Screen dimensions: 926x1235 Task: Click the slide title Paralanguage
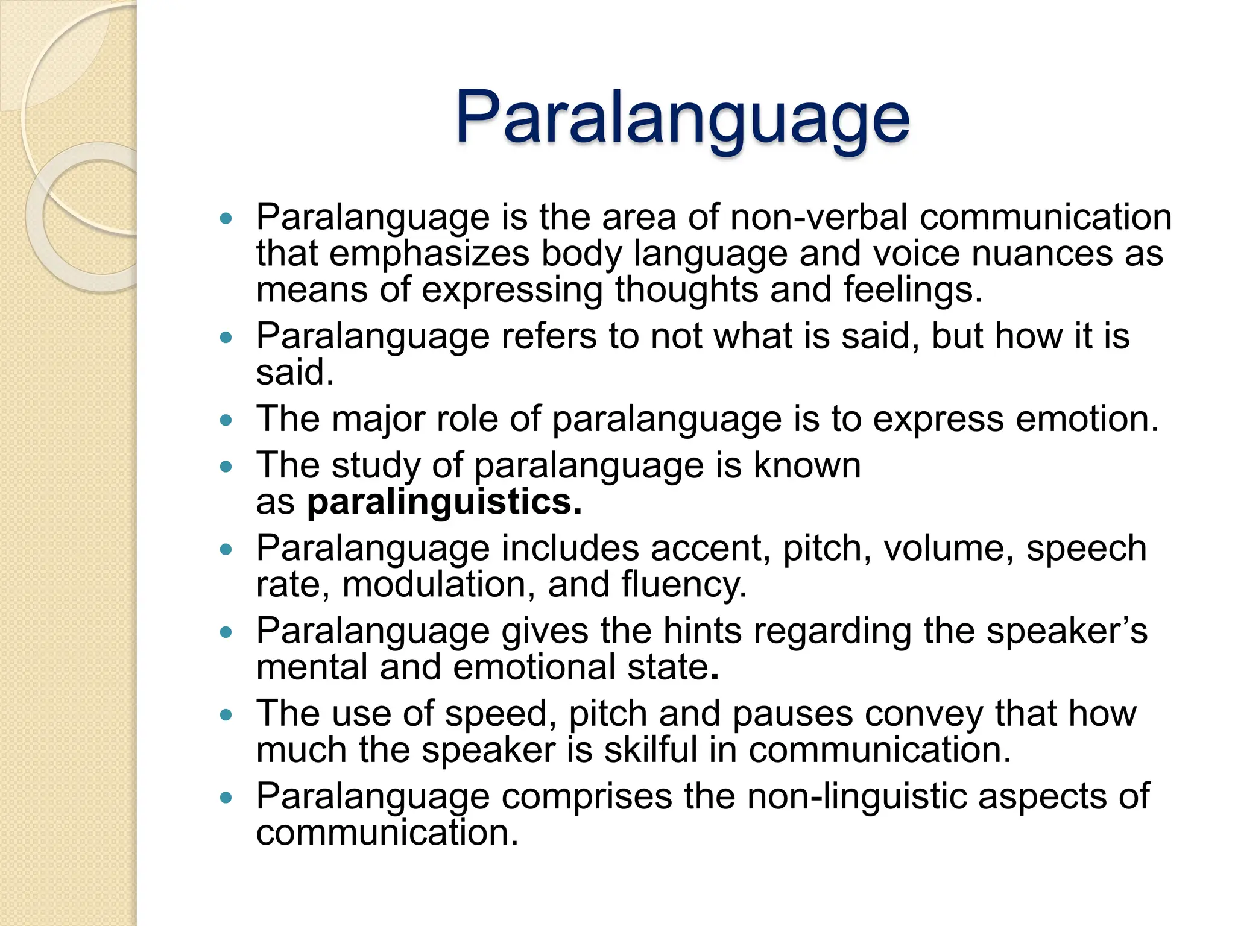(682, 118)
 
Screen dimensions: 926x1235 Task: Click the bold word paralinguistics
(444, 502)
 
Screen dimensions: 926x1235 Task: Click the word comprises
(587, 796)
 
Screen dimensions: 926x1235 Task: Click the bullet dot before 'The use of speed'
(226, 715)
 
